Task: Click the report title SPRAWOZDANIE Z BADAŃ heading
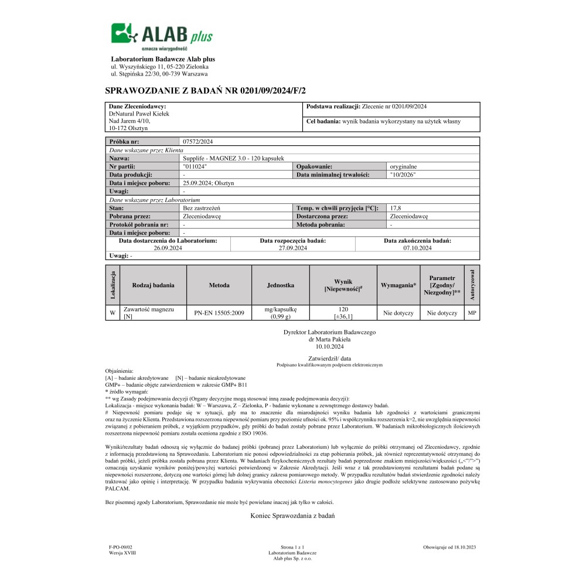tap(205, 90)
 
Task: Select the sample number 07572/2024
tap(198, 141)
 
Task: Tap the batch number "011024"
tap(195, 166)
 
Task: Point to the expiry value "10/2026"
tap(402, 175)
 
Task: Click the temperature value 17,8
tap(396, 207)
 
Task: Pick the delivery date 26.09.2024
tap(168, 248)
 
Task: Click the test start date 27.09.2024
tap(292, 248)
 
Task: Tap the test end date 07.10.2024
tap(417, 248)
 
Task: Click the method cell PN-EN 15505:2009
tap(219, 313)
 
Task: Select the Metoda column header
tap(219, 285)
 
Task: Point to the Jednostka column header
tap(280, 285)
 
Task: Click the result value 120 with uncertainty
tap(344, 312)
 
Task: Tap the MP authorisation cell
tap(472, 312)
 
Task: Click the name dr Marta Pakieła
tap(329, 339)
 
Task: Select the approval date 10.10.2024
tap(329, 346)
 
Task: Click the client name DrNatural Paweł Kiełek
tap(139, 113)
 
